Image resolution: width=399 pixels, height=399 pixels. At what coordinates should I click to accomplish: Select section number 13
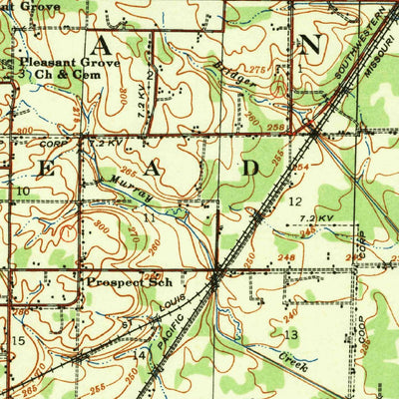(292, 334)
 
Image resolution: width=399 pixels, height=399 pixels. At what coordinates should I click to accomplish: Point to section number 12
(295, 200)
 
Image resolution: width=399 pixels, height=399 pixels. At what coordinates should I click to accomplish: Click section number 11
(148, 216)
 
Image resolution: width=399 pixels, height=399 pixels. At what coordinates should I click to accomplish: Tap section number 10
(21, 190)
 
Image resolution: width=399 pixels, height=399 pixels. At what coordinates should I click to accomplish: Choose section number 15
(17, 341)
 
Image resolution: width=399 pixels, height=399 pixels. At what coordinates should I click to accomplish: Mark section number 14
(140, 354)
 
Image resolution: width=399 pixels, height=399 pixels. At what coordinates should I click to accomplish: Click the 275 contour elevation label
(260, 68)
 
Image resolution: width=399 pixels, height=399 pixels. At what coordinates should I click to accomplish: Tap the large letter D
(249, 168)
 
